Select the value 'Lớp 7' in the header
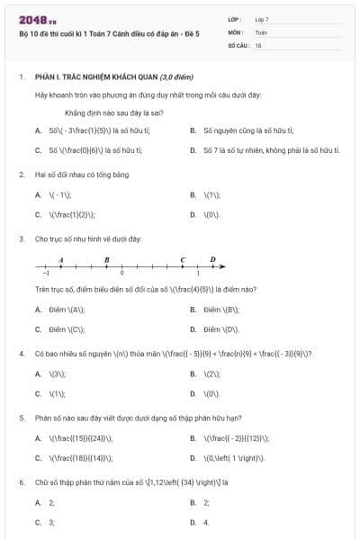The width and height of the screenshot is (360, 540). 262,19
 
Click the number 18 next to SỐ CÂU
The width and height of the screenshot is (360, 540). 258,43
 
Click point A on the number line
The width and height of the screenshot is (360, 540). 60,264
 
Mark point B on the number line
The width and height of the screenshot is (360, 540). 107,264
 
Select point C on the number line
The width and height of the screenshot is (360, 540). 183,264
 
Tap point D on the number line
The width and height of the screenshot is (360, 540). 212,264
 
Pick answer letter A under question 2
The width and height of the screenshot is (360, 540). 38,194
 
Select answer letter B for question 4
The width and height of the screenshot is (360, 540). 193,373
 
